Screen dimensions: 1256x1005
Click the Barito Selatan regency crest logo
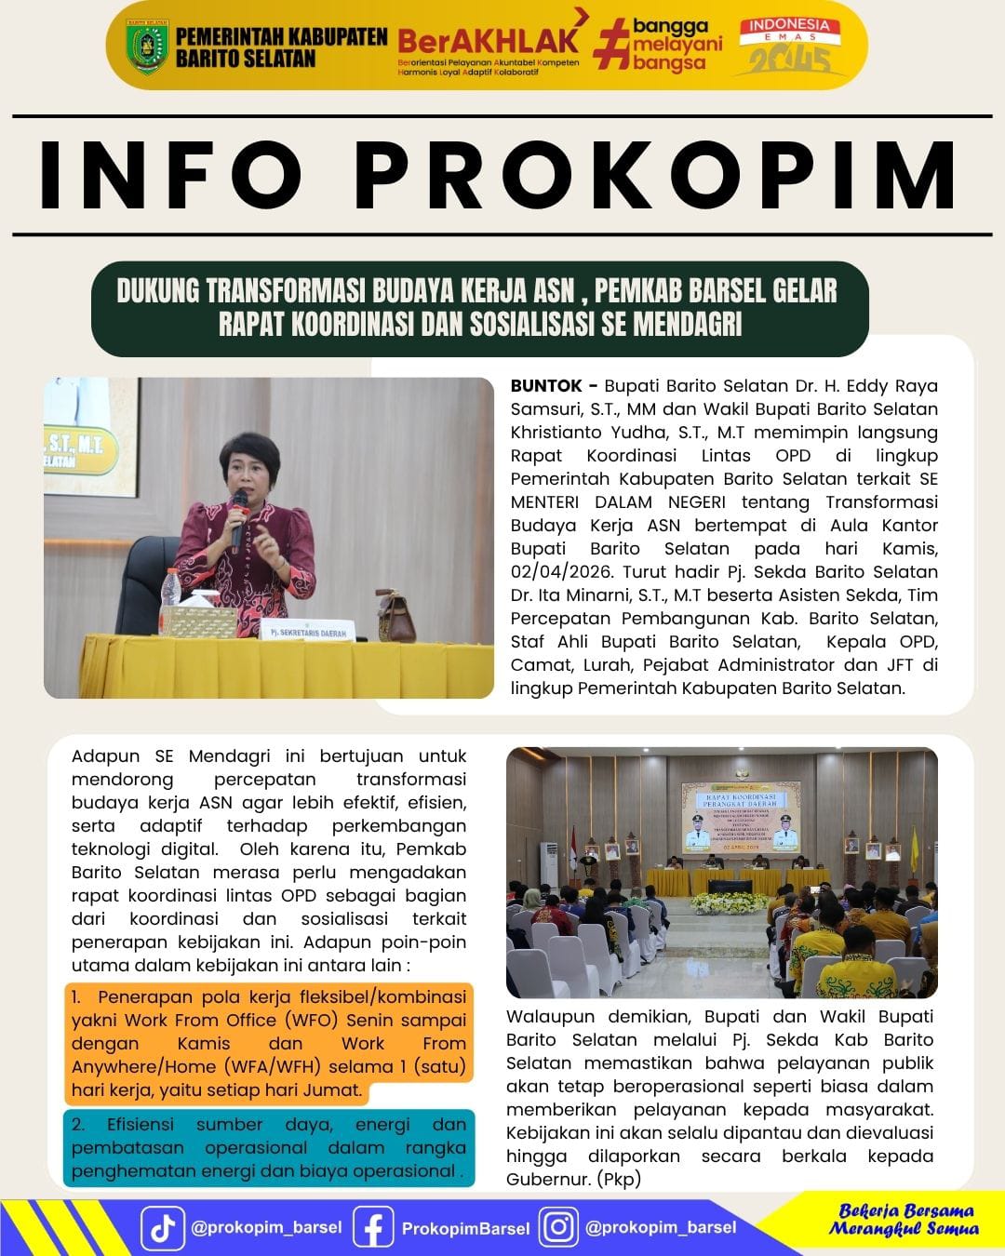[x=147, y=46]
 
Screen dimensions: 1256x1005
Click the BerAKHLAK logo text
[x=489, y=40]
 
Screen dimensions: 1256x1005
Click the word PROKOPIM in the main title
[x=656, y=175]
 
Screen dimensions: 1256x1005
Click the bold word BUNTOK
[x=546, y=386]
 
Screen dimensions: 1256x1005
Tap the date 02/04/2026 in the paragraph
[x=563, y=572]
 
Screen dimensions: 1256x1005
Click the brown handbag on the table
[x=397, y=612]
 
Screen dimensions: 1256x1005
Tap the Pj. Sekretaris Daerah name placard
[x=307, y=631]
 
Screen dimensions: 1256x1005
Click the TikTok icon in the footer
[x=163, y=1228]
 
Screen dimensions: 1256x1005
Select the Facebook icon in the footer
[x=372, y=1228]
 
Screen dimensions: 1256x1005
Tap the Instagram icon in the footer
[x=558, y=1228]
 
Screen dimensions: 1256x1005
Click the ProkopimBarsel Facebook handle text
[x=465, y=1229]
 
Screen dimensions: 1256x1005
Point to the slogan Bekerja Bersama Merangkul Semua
[x=904, y=1220]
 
